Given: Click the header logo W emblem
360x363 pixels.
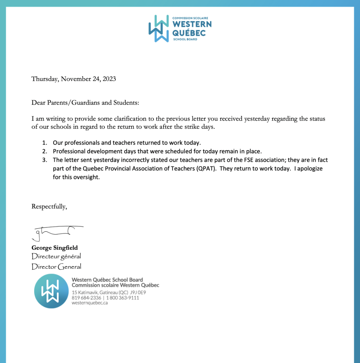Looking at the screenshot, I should click(159, 29).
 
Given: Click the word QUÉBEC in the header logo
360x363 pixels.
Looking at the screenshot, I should click(189, 33).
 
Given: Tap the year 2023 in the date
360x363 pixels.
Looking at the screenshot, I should click(109, 79).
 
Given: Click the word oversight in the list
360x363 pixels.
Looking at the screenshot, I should click(87, 177).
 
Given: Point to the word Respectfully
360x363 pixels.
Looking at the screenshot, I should click(49, 206).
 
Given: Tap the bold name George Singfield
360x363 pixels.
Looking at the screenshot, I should click(55, 248).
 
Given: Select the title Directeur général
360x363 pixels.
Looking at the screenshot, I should click(56, 256).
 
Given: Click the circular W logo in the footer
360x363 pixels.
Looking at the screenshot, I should click(51, 291).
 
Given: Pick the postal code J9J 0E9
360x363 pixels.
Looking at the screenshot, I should click(138, 292).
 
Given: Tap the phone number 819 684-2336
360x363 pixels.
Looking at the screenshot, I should click(86, 298).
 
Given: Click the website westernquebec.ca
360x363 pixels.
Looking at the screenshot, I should click(90, 303).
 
